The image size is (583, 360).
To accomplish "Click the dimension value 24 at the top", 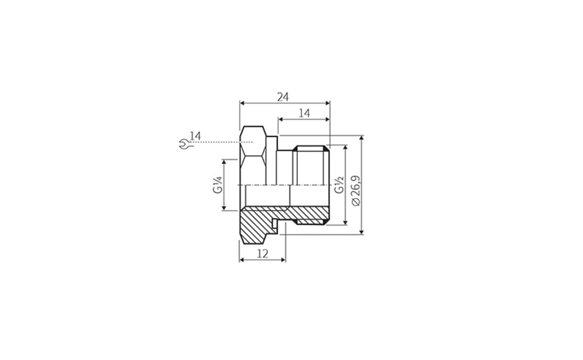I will click(x=283, y=97).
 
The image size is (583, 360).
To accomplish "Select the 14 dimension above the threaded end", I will click(x=304, y=113).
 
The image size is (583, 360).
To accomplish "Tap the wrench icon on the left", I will click(x=184, y=144).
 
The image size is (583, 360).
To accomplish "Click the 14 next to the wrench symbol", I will click(x=195, y=136).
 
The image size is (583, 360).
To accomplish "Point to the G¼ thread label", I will click(x=217, y=185).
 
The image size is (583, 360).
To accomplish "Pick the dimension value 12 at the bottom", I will click(x=262, y=254).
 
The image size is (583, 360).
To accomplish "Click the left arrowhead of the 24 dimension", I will click(x=242, y=103).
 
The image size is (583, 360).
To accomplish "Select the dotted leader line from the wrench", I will click(x=219, y=142).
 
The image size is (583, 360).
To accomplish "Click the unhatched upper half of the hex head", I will click(x=253, y=155).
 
